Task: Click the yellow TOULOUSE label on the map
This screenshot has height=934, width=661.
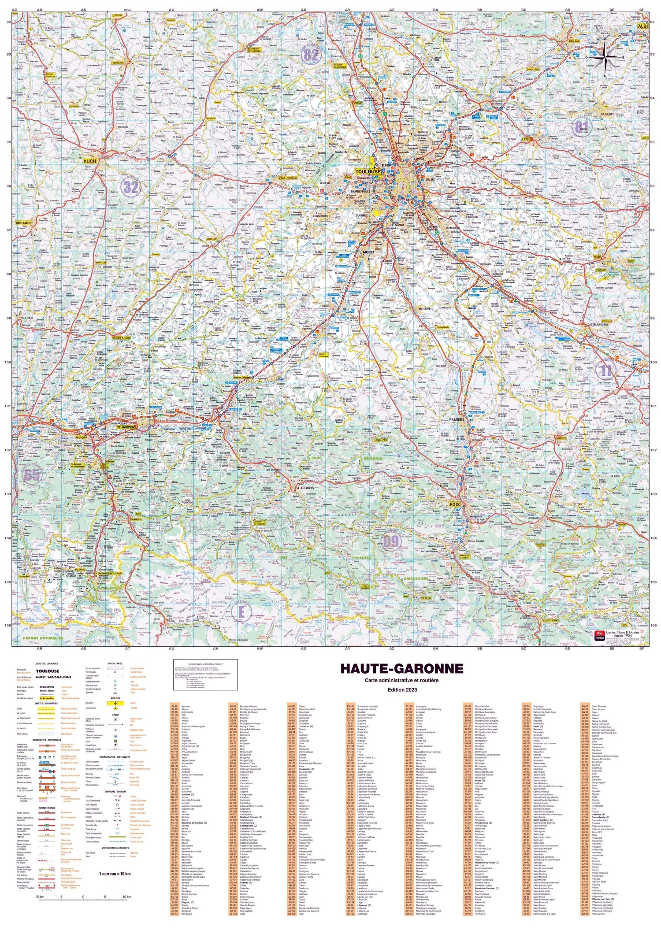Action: coord(368,171)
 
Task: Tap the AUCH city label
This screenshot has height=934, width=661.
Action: coord(89,161)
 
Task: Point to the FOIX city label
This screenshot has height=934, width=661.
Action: coord(454,504)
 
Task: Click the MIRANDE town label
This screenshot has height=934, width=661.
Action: coord(24,223)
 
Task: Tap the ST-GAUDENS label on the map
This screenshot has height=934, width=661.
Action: coord(126,427)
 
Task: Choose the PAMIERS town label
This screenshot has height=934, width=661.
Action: coord(457,419)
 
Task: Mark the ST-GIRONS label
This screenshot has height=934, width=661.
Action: coord(305,488)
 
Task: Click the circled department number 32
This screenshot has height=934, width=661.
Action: coord(130,188)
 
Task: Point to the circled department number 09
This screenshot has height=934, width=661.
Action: coord(390,542)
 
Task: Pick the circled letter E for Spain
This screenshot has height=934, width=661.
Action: coord(241,612)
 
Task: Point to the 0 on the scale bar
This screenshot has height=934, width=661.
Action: coord(83,897)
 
